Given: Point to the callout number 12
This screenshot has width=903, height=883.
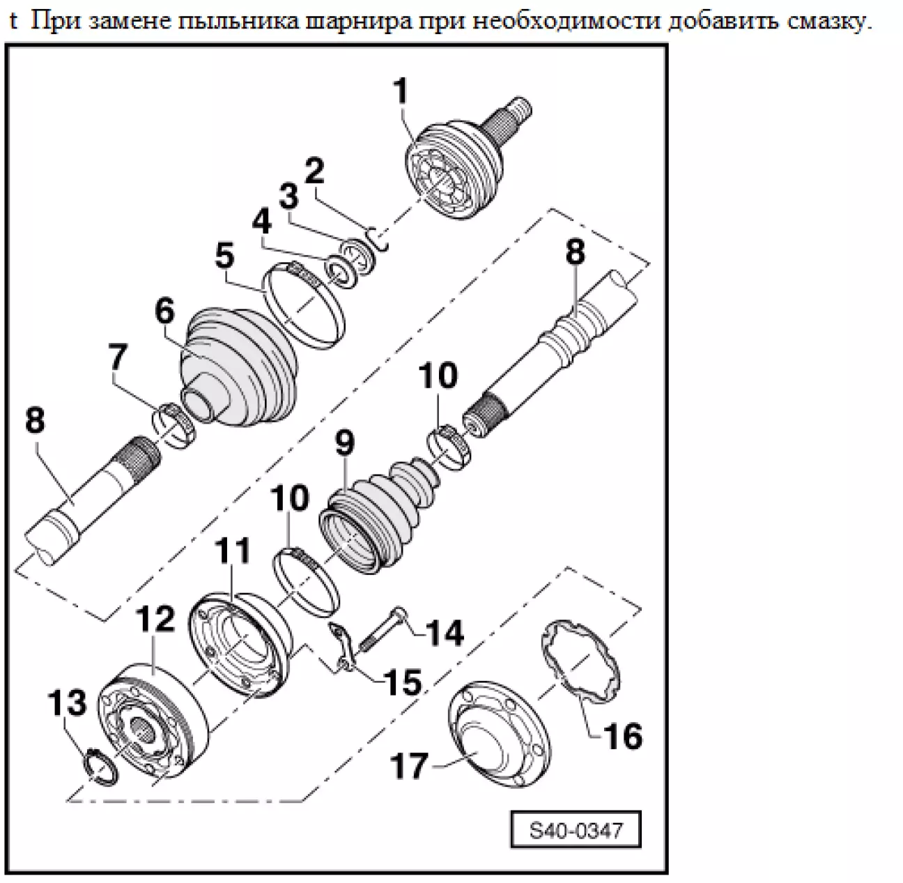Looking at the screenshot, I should coord(155,620).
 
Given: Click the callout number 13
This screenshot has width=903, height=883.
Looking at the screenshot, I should coord(66,703).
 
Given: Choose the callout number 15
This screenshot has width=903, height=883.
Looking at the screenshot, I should coord(402,682).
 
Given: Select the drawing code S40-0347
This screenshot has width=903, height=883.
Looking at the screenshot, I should coord(575,831).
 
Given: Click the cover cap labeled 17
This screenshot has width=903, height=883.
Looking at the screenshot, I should coord(496,739).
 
